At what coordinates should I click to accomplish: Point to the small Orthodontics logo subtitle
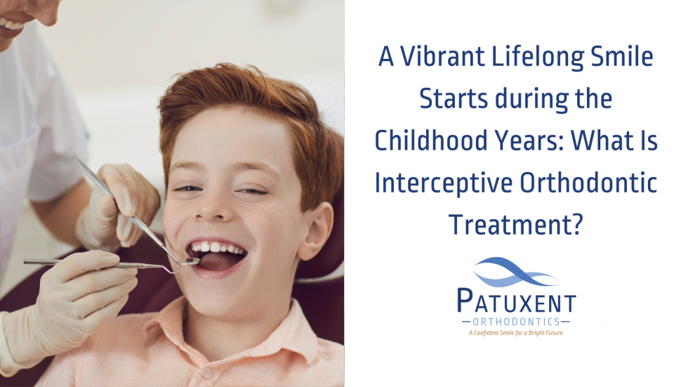pyautogui.click(x=516, y=321)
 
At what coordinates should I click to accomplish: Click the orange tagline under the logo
pyautogui.click(x=516, y=333)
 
